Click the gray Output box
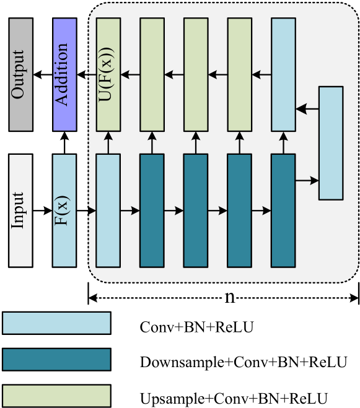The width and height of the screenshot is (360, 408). (x=20, y=74)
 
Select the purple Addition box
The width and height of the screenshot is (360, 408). (x=64, y=74)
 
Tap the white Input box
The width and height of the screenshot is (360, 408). (x=20, y=211)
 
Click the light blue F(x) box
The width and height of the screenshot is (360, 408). (x=64, y=211)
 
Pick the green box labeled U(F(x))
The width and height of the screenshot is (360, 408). (x=108, y=74)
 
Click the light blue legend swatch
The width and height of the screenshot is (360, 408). (x=56, y=323)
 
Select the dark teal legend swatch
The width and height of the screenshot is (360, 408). (x=56, y=359)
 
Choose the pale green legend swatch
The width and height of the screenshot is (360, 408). (x=56, y=396)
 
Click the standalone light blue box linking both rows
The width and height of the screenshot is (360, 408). (x=331, y=143)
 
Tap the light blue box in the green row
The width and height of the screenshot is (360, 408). (x=284, y=74)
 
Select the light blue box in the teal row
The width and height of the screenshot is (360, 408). (x=108, y=211)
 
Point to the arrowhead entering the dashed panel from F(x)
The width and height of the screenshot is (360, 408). (x=92, y=211)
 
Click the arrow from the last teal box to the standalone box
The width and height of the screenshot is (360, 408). (x=307, y=181)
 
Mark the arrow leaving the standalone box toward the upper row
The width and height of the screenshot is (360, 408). (x=307, y=109)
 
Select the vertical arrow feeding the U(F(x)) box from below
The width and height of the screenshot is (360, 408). (x=108, y=142)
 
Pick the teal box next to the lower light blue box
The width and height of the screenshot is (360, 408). (x=152, y=211)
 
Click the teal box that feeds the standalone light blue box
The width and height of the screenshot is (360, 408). (x=284, y=211)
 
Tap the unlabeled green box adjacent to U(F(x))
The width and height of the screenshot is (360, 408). (x=152, y=74)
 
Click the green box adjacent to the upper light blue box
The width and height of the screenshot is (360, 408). (x=240, y=74)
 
